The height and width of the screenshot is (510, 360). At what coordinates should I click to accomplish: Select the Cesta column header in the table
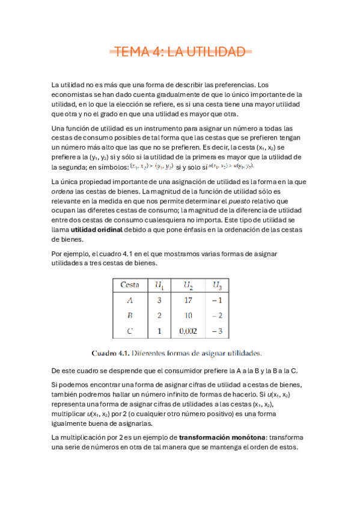click(x=130, y=284)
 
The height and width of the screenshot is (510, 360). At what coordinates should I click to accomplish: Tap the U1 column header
click(x=160, y=284)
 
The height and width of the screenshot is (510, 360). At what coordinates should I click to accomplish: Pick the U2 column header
click(x=189, y=284)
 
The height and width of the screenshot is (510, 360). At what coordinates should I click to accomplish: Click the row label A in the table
click(x=130, y=300)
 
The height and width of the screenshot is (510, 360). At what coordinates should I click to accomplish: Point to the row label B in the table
click(x=130, y=315)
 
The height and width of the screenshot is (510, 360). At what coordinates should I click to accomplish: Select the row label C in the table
click(x=130, y=330)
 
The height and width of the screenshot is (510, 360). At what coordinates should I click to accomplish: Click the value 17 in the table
click(x=188, y=300)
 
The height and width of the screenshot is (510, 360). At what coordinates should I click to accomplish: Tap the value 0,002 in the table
click(x=188, y=330)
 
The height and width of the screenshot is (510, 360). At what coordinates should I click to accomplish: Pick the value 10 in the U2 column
click(x=188, y=315)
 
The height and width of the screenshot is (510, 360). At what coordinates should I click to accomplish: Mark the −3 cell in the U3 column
click(x=217, y=330)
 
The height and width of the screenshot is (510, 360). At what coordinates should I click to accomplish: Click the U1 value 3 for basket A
click(x=160, y=300)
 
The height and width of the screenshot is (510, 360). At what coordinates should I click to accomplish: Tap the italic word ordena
click(x=63, y=191)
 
